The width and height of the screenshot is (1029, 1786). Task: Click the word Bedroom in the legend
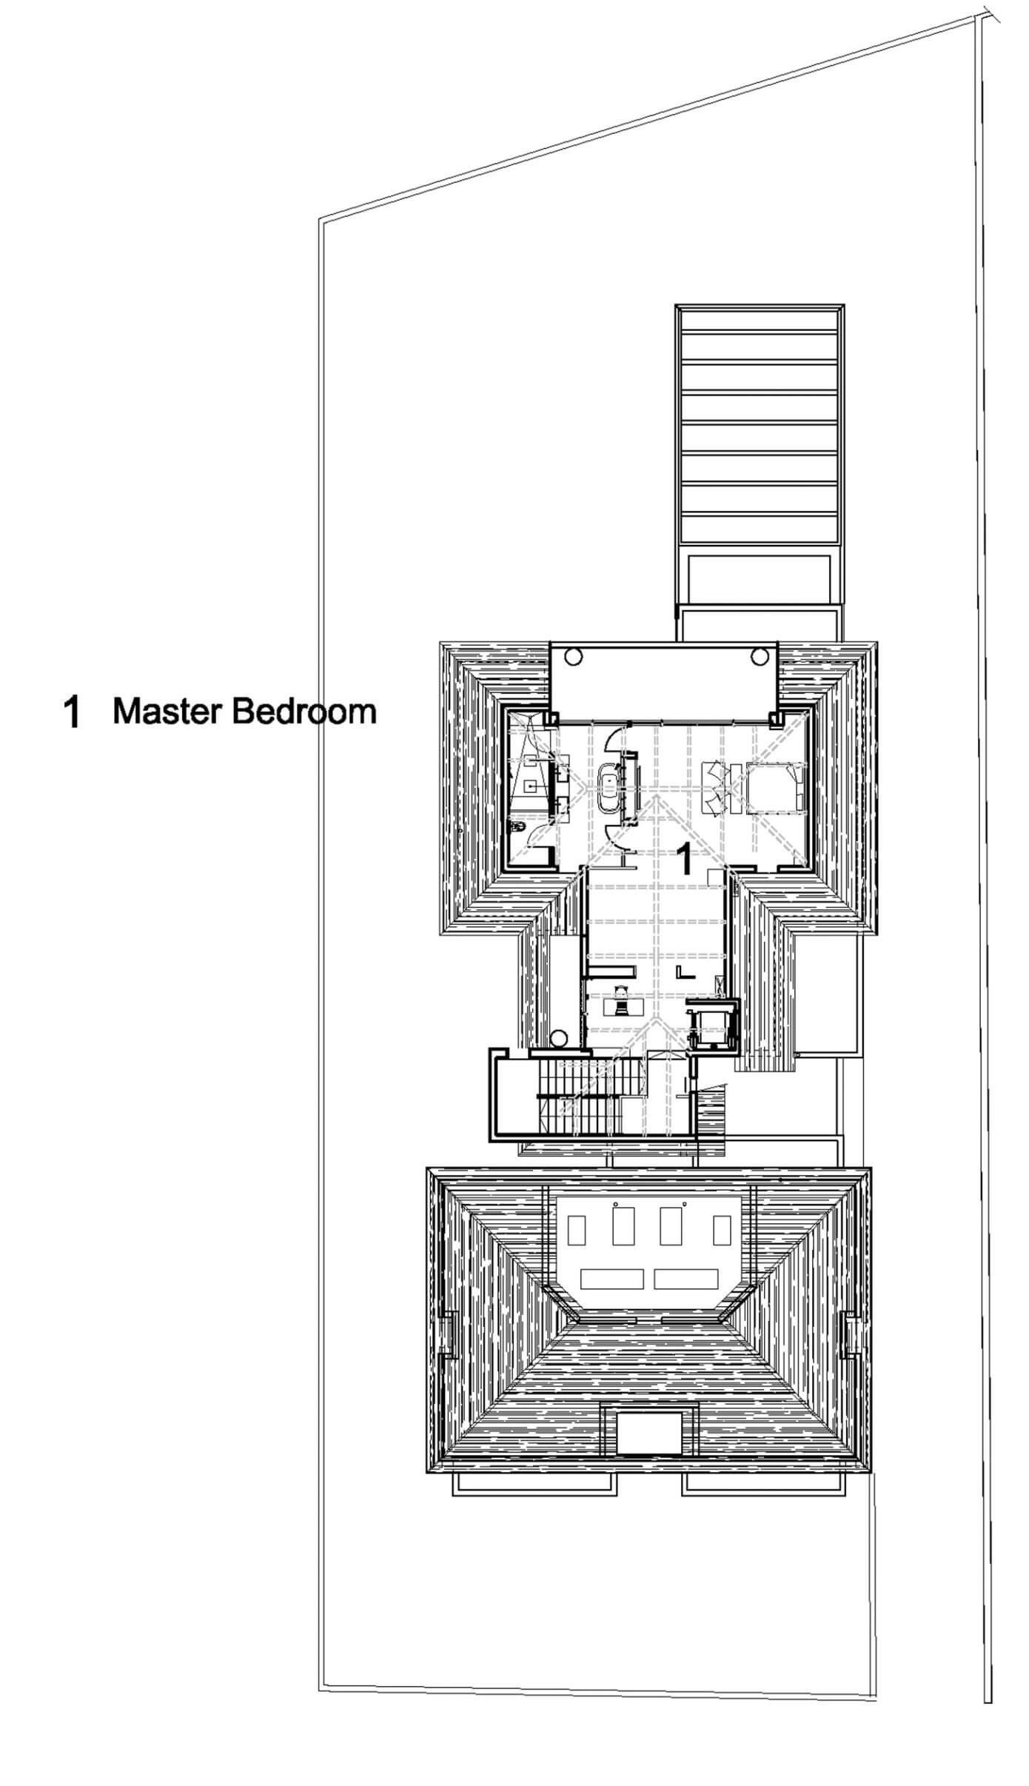click(x=304, y=712)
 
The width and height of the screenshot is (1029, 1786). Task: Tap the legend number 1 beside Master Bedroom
click(x=72, y=712)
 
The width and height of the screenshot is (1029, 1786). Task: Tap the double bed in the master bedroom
click(x=773, y=787)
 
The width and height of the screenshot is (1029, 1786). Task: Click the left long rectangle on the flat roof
click(x=612, y=1279)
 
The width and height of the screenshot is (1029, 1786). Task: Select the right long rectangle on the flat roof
click(x=687, y=1279)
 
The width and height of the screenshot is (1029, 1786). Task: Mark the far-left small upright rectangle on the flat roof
click(x=575, y=1230)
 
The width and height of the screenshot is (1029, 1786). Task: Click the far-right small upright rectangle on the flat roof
click(x=722, y=1230)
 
